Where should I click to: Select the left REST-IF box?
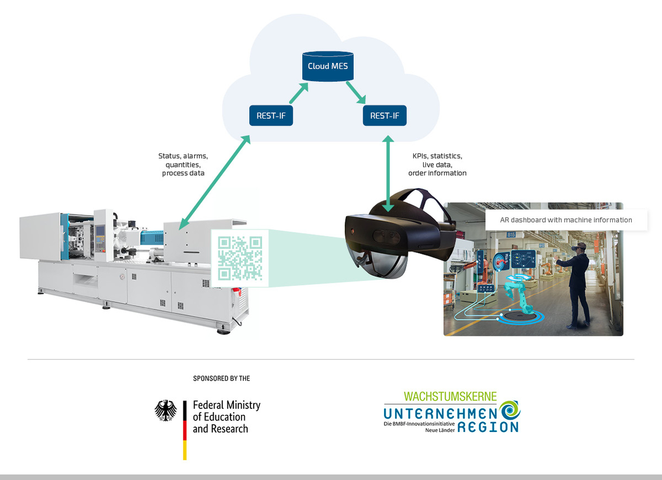[x=271, y=115]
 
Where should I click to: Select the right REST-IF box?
[x=385, y=115]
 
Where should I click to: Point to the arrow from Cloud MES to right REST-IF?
[x=357, y=92]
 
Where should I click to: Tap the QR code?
[x=240, y=257]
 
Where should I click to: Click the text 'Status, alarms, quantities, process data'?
[x=183, y=165]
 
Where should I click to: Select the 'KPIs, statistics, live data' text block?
[x=437, y=165]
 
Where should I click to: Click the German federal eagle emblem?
[x=165, y=412]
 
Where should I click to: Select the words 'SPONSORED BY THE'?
[x=222, y=378]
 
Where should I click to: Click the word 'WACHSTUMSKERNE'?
[x=450, y=397]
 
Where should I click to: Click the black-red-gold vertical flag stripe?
[x=185, y=430]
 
